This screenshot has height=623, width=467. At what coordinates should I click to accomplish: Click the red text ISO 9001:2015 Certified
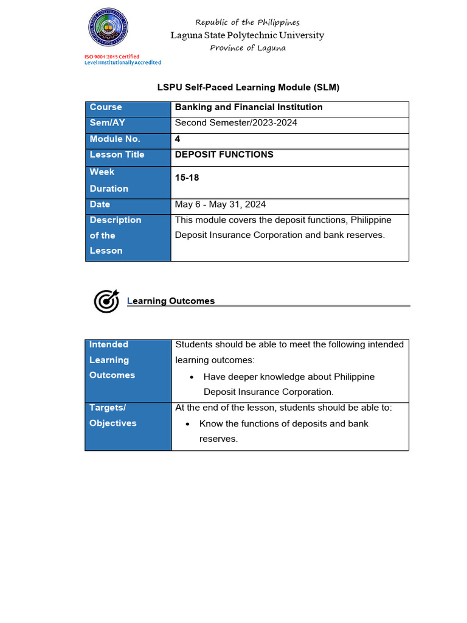(x=111, y=57)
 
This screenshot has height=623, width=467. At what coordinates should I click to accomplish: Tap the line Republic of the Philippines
(x=247, y=23)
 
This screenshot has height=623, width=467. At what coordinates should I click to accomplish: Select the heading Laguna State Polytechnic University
(x=247, y=35)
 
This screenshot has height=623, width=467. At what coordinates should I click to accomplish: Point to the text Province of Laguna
(x=247, y=48)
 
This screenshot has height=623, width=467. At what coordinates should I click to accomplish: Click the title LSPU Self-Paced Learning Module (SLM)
(x=248, y=88)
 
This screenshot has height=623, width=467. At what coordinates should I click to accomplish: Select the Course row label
(x=106, y=107)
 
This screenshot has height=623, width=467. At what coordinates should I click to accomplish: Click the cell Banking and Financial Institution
(x=249, y=107)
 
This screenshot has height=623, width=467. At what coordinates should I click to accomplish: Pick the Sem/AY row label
(x=107, y=123)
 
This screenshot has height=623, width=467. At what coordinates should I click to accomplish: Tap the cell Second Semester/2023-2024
(x=236, y=123)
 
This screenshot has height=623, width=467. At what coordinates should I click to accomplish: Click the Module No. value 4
(x=178, y=139)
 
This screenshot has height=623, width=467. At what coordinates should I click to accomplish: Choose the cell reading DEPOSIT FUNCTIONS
(x=224, y=155)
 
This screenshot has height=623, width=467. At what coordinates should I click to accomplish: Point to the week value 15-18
(x=187, y=178)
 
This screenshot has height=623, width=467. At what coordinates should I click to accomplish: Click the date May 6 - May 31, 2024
(x=220, y=204)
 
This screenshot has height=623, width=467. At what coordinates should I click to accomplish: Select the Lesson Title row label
(x=117, y=155)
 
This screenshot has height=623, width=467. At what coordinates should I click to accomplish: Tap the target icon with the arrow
(x=106, y=301)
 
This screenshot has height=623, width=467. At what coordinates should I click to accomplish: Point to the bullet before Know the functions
(x=188, y=424)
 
